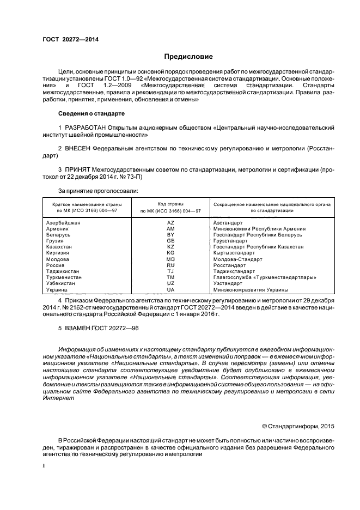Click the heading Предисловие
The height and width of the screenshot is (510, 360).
click(189, 57)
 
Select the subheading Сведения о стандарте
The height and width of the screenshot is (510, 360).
click(91, 113)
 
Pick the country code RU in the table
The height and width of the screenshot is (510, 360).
click(170, 265)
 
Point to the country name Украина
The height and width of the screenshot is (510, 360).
click(57, 290)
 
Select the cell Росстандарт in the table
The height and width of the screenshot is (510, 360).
click(232, 265)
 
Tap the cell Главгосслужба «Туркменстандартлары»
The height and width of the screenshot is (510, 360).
click(265, 277)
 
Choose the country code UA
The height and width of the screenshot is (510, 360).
click(170, 290)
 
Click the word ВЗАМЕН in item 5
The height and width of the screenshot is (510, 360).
click(79, 328)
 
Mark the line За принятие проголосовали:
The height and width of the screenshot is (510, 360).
click(98, 191)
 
